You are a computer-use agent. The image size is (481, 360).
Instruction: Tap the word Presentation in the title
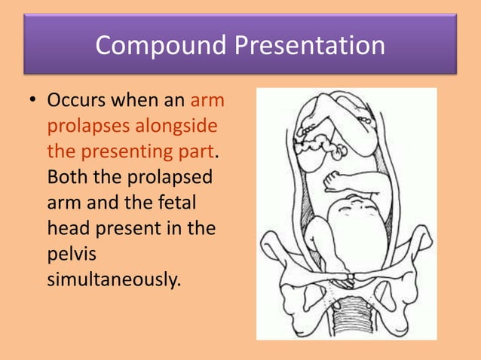309,46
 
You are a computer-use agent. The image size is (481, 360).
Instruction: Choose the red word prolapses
86,126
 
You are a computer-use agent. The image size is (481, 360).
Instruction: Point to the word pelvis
68,255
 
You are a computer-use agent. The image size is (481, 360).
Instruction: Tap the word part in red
193,151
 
